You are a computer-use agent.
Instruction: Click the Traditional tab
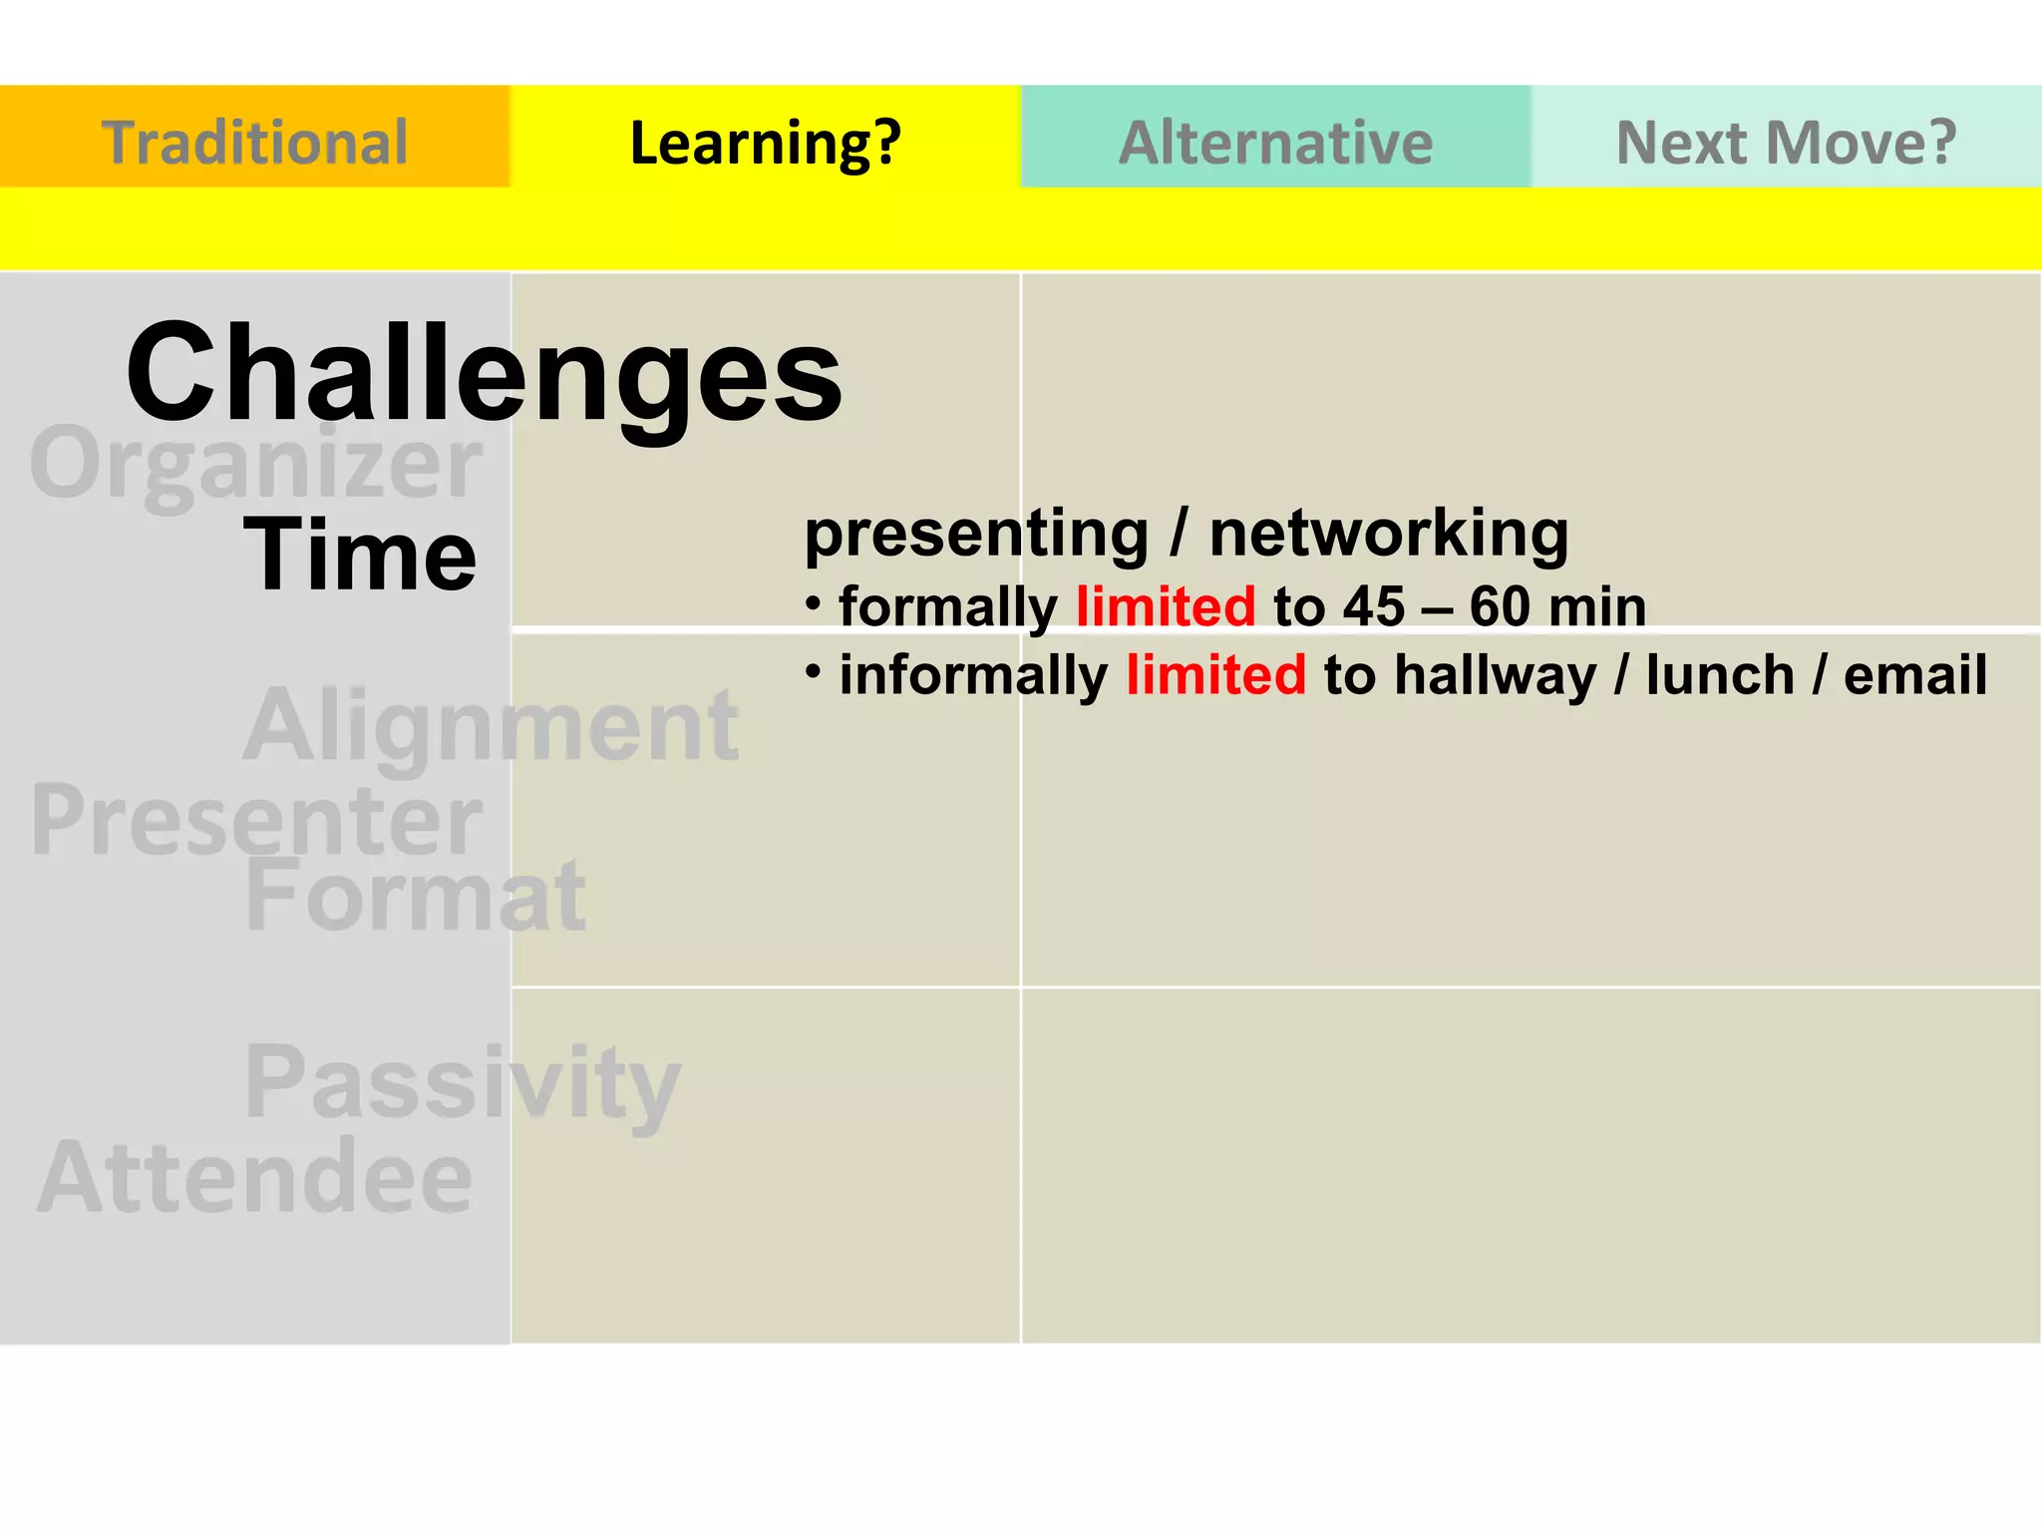[254, 142]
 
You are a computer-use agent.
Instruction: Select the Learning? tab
[765, 142]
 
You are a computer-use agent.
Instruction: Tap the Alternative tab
[1275, 142]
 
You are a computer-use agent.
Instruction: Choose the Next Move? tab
[1786, 142]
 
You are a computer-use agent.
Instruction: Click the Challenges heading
[484, 374]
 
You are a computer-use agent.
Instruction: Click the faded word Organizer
[256, 462]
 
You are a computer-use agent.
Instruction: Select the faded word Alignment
[491, 725]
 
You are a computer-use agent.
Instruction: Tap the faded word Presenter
[256, 820]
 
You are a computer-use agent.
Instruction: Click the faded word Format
[415, 896]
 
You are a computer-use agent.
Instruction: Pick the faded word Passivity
[463, 1082]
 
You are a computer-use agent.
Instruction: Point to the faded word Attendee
[254, 1177]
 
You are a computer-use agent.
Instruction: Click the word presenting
[977, 534]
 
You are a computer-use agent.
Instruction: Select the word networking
[1389, 534]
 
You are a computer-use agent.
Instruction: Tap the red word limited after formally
[1166, 606]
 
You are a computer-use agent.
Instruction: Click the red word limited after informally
[1215, 675]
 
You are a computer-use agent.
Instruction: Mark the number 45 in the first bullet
[1374, 606]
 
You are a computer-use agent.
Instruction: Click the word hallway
[1495, 675]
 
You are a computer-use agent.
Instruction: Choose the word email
[1914, 675]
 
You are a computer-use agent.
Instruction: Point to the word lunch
[1720, 675]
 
